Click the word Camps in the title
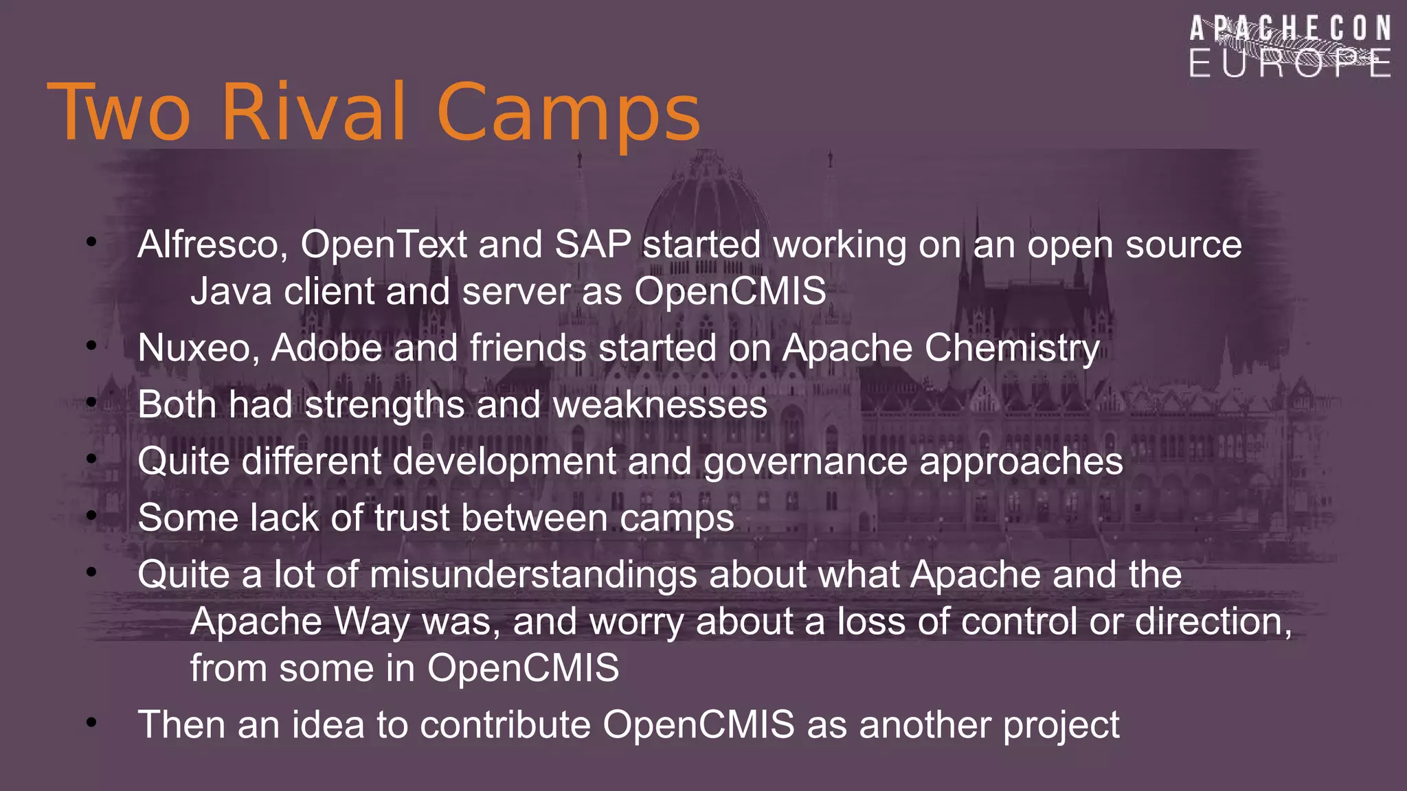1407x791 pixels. pos(568,113)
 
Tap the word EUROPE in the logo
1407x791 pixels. pos(1290,64)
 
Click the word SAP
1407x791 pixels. pos(592,244)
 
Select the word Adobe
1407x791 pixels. pos(326,348)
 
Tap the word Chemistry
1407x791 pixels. pos(1011,348)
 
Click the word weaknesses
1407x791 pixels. pos(660,404)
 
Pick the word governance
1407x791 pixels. pos(805,461)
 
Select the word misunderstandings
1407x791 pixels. pos(533,575)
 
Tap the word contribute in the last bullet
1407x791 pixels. pos(505,725)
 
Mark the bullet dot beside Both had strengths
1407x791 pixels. pos(91,402)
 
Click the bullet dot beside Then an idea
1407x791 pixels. pos(91,722)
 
